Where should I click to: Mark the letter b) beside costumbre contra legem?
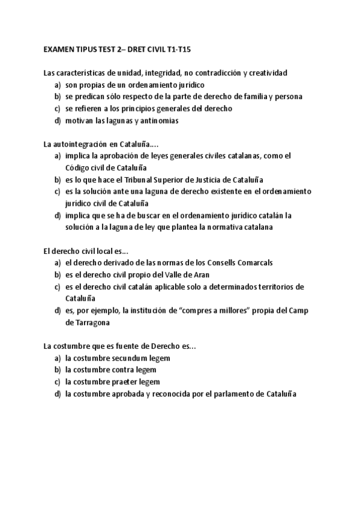(x=58, y=370)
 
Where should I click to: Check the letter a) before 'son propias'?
(x=58, y=85)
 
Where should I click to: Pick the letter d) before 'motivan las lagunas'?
(x=58, y=120)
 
